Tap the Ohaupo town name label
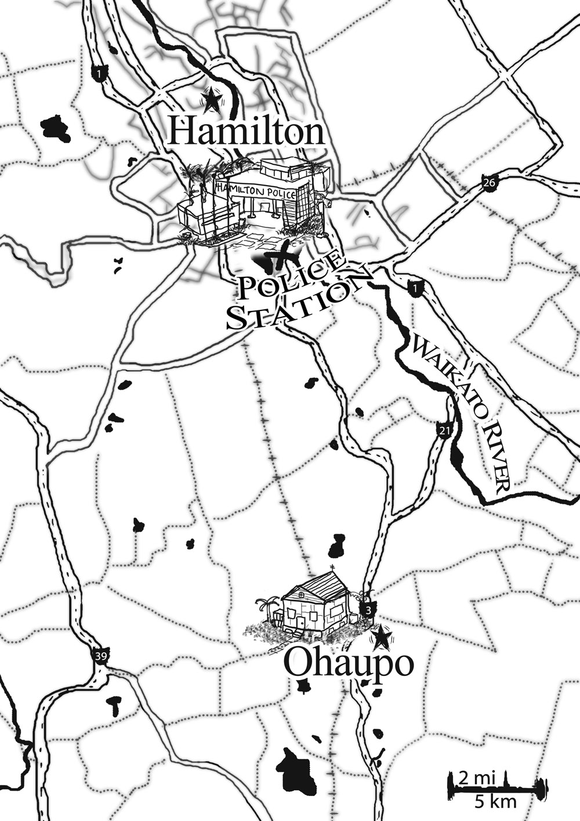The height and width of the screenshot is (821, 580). (x=349, y=664)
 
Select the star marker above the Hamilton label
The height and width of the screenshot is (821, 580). (x=212, y=101)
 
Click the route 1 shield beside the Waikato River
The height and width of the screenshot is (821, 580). (x=414, y=287)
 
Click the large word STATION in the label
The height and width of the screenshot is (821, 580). (x=296, y=305)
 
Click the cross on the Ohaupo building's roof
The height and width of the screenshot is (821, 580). (x=332, y=568)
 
